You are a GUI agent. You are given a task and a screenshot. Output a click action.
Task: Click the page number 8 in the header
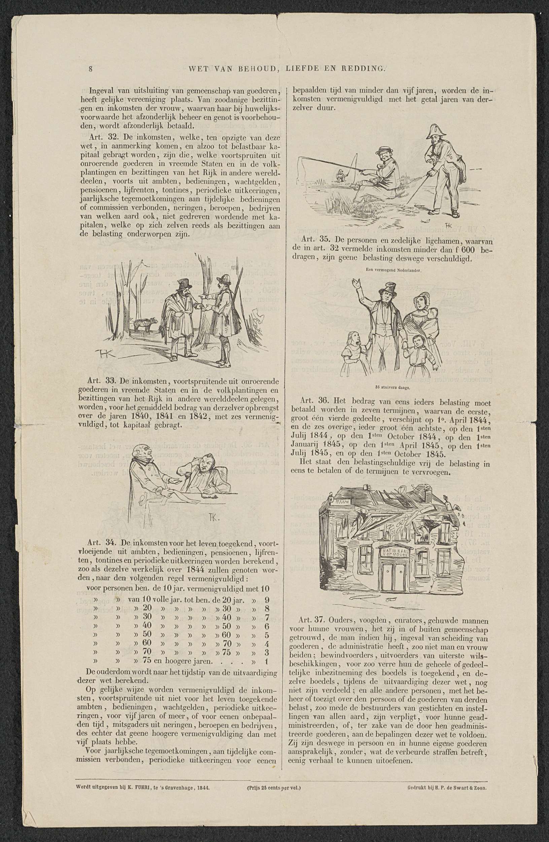[x=91, y=69]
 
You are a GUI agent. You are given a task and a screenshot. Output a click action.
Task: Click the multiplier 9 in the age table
[x=267, y=601]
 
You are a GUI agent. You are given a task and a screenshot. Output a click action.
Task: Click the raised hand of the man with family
[x=356, y=283]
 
